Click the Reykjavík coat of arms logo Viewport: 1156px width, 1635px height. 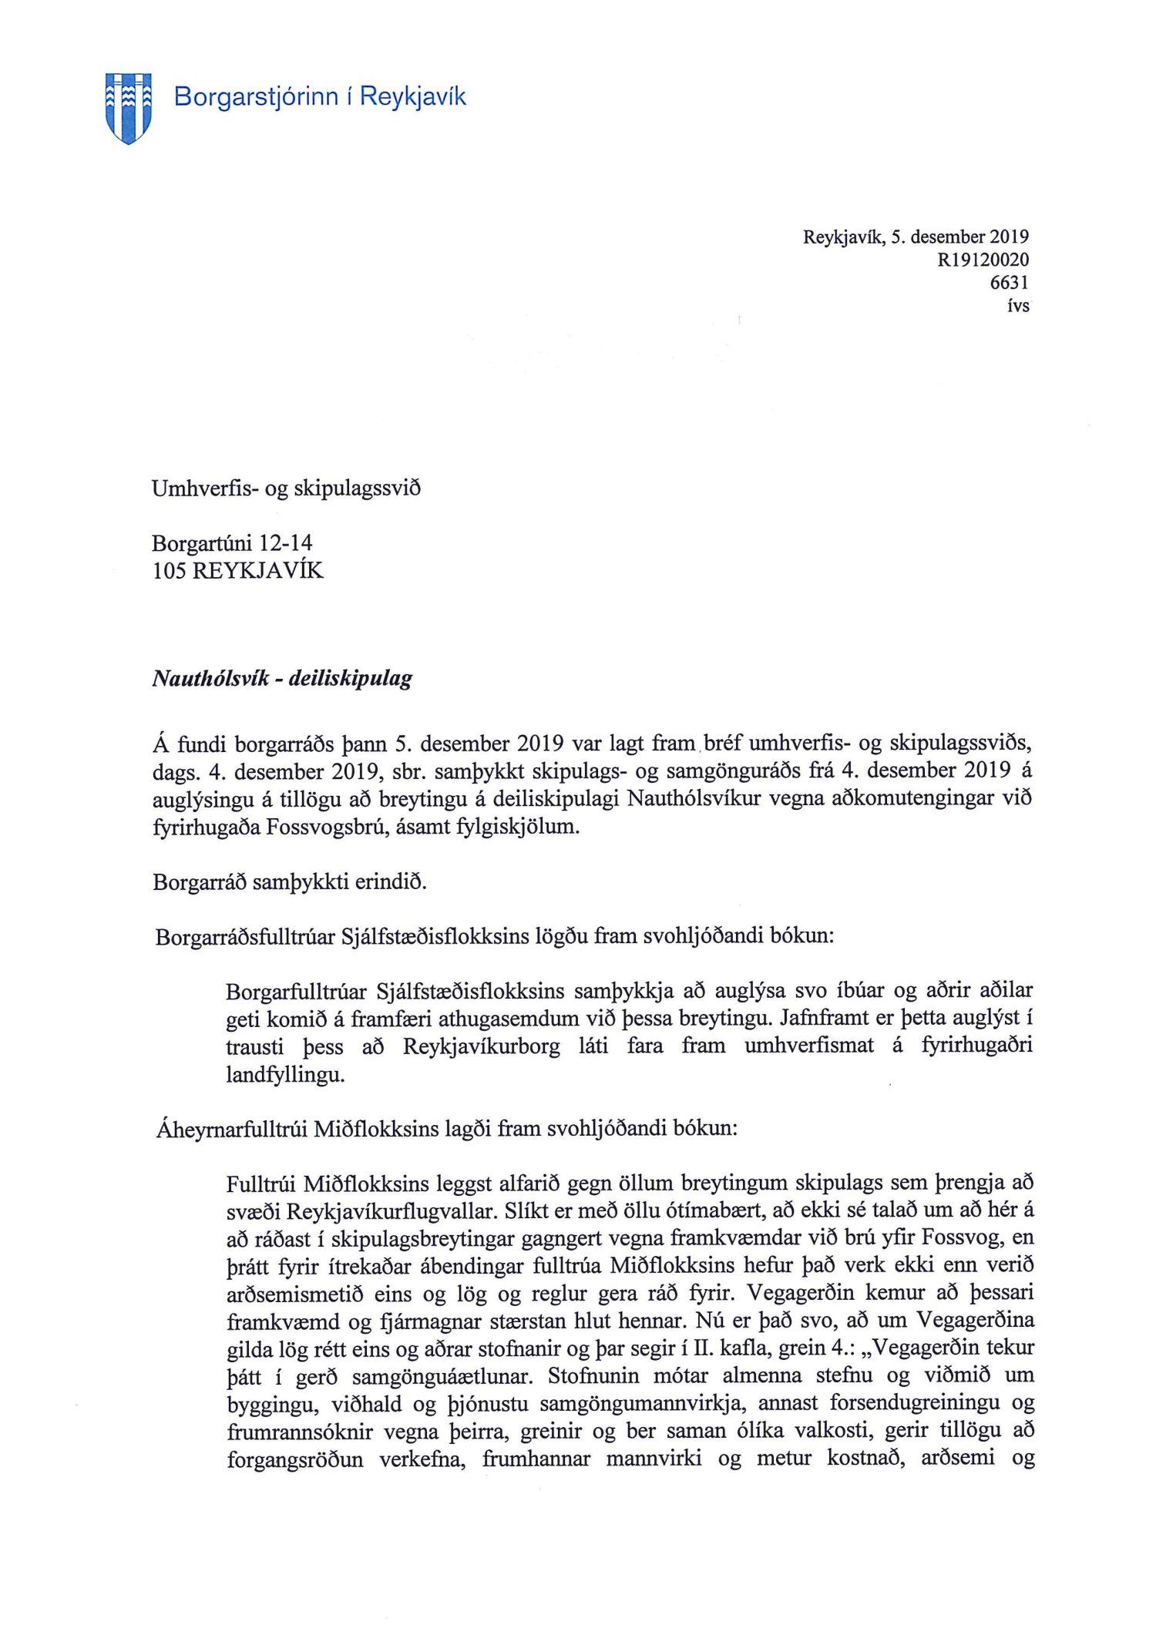(128, 108)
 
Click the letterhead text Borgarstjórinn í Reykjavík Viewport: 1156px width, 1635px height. (320, 97)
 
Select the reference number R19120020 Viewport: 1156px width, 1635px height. (983, 260)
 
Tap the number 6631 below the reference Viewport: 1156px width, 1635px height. (1009, 282)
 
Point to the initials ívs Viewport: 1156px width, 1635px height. (1018, 305)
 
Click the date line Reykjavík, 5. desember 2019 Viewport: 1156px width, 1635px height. (916, 237)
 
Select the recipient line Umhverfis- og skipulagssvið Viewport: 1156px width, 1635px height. (286, 488)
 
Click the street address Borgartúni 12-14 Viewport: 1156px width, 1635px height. (232, 543)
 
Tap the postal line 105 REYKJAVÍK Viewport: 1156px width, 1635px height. (237, 571)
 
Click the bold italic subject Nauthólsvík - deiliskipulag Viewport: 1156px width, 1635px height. (282, 679)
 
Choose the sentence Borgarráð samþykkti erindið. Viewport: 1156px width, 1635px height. (290, 881)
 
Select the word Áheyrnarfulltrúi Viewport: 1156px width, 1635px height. (232, 1130)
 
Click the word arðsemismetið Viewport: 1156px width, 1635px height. (294, 1294)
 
